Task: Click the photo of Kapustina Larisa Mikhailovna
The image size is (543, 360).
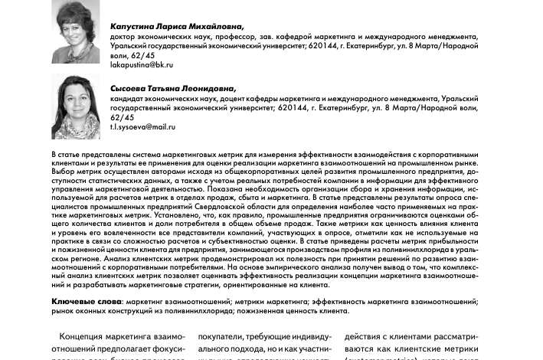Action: (75, 31)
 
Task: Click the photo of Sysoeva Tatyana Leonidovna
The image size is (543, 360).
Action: (75, 107)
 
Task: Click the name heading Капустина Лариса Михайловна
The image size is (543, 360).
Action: (176, 27)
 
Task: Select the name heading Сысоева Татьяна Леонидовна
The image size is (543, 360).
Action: (173, 89)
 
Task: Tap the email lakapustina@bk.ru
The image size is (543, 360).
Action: (142, 65)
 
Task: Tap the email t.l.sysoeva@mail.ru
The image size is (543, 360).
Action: (143, 126)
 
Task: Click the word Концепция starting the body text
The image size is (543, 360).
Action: (89, 337)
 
